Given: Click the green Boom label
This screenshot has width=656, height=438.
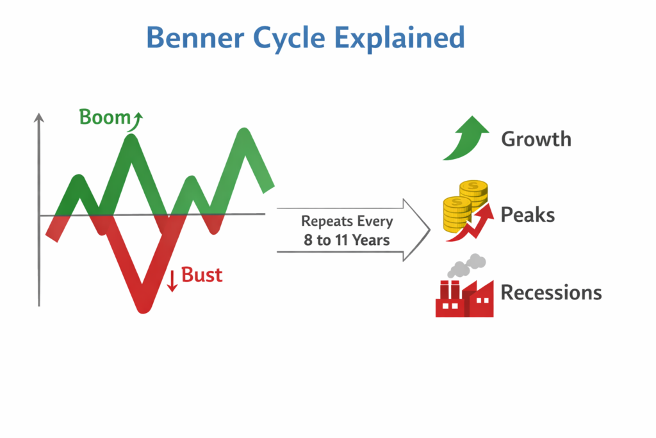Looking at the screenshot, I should [x=104, y=117].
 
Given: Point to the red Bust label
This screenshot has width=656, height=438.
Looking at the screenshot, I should [x=202, y=275].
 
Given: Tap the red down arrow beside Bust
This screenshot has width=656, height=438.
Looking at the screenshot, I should [x=172, y=280].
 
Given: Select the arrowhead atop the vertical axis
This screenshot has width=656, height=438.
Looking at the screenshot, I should [x=39, y=117].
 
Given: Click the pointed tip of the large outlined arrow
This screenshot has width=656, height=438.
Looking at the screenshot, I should [x=429, y=230].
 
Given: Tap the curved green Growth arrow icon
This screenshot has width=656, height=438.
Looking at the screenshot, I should [x=465, y=138].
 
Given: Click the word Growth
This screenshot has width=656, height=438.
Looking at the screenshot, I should [x=536, y=139].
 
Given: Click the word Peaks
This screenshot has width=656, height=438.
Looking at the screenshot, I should [x=527, y=214].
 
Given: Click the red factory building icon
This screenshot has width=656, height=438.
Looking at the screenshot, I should [x=464, y=299].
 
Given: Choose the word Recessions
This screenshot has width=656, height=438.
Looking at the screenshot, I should [x=550, y=293].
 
